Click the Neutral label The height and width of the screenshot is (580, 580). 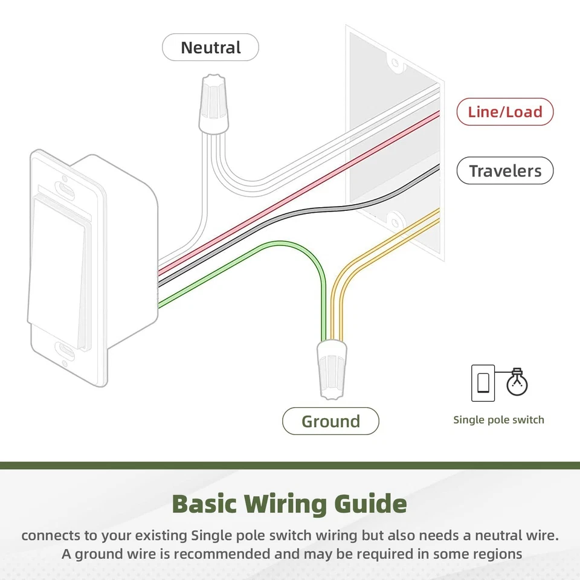pos(210,48)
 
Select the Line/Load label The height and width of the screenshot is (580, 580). pos(504,112)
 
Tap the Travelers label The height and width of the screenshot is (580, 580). pos(504,171)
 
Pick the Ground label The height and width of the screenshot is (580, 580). pos(330,421)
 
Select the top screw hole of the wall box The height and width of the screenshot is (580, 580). pos(394,62)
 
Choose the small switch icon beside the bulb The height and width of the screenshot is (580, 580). pos(483,383)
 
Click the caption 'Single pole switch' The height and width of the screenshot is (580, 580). pos(498,420)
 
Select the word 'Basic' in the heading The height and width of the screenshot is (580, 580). pos(204,503)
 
